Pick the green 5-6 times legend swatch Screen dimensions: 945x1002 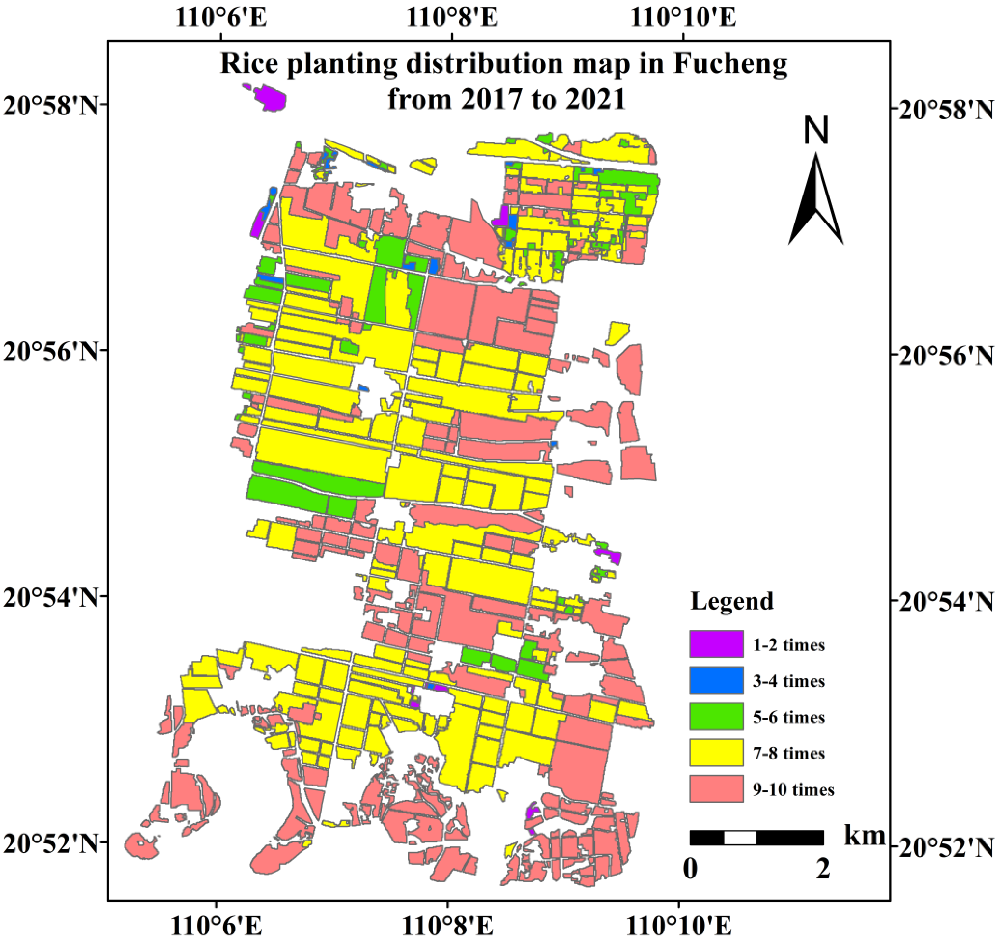click(716, 716)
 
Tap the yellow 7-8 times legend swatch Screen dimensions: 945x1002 click(716, 753)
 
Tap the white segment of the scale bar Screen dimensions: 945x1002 click(740, 838)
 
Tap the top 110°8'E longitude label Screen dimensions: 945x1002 click(451, 19)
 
